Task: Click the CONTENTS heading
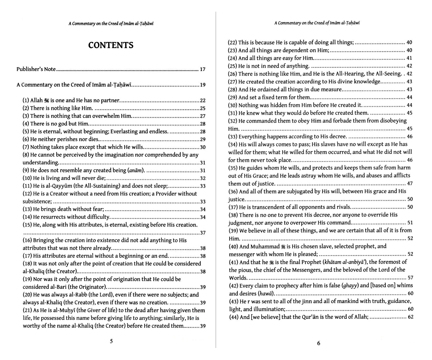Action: pos(111,45)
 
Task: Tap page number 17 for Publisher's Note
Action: pos(203,69)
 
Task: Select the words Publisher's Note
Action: pos(36,69)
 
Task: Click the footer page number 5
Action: pos(111,341)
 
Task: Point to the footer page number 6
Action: pos(318,343)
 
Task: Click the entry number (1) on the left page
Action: pos(26,100)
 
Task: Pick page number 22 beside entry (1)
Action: pos(203,101)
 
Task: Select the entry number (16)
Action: pos(27,240)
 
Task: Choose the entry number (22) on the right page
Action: pos(232,43)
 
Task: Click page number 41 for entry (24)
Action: pos(409,58)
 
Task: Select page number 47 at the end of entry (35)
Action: pos(410,183)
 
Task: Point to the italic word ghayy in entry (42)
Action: pos(350,285)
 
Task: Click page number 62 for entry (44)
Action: pos(410,317)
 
